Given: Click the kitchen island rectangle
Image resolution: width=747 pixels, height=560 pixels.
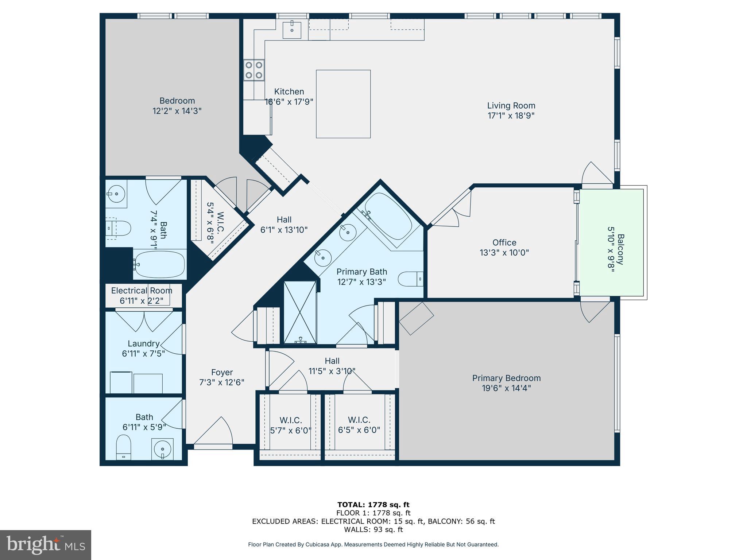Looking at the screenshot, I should click(x=343, y=104).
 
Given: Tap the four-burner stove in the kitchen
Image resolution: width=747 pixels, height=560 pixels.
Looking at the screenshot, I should click(x=254, y=70).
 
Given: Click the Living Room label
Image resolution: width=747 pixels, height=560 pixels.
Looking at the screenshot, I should click(x=511, y=106).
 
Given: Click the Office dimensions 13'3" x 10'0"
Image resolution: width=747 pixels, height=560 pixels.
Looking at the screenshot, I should click(x=504, y=252).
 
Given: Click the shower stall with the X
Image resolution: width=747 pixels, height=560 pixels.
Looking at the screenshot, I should click(x=300, y=312).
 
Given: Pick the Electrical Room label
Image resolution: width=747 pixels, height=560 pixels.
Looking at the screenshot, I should click(x=142, y=291).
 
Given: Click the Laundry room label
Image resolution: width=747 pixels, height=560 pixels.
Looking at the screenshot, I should click(x=143, y=343).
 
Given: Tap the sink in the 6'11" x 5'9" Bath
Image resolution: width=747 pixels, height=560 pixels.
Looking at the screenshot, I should click(x=162, y=448).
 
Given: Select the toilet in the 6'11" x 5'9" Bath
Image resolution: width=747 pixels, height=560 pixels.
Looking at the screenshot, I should click(x=123, y=447).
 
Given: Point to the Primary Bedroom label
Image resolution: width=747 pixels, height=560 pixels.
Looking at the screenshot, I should click(x=506, y=378).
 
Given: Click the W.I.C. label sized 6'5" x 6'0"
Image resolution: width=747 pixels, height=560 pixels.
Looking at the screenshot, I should click(x=359, y=420).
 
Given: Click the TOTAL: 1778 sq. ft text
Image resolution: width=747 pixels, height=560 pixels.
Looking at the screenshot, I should click(x=373, y=505).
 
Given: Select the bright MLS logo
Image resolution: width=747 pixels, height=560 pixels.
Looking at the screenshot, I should click(x=45, y=545).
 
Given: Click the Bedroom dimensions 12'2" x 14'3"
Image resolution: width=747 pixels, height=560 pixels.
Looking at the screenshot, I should click(x=177, y=111).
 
